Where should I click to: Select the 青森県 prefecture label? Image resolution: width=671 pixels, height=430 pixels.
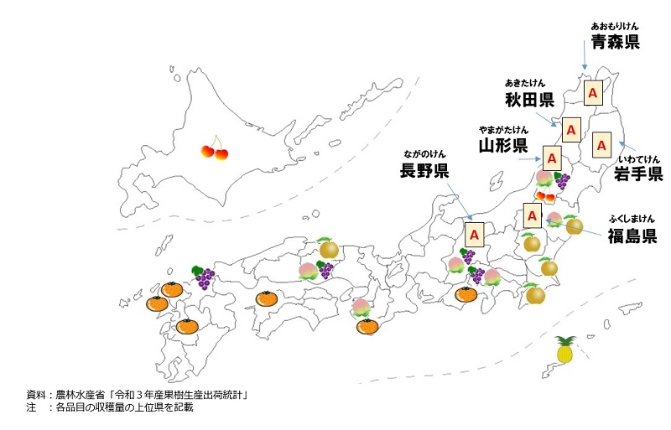coord(615,42)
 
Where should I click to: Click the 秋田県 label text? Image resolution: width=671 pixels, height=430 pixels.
coord(528,101)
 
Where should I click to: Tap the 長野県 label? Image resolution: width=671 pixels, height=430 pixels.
coord(424,171)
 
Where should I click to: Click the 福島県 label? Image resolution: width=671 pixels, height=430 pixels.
coord(632,235)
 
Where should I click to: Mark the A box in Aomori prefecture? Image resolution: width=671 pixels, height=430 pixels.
coord(592,91)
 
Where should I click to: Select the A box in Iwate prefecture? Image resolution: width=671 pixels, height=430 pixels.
coord(601,144)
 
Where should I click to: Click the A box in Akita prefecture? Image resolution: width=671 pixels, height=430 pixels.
coord(571,131)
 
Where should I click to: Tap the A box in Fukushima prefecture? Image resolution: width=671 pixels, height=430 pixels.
coord(532,215)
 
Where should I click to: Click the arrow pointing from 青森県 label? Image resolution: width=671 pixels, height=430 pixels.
coord(584,55)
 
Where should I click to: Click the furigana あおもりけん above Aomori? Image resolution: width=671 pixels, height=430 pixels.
coord(615,26)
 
